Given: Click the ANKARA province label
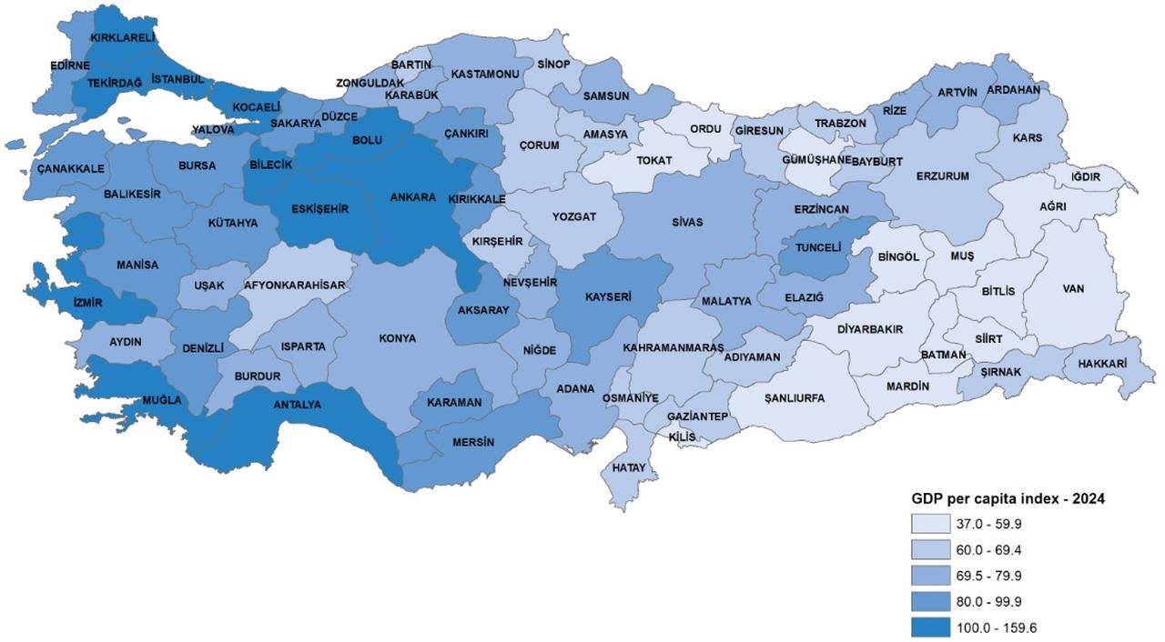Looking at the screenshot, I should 412,197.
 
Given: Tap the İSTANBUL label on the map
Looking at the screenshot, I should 177,79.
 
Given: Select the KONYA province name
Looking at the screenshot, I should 398,338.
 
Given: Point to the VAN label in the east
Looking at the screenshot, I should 1074,289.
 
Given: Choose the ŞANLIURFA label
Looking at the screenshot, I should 795,398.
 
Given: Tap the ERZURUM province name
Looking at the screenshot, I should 942,176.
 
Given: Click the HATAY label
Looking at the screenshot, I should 629,467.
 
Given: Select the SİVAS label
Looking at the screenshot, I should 687,222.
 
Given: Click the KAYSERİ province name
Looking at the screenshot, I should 608,296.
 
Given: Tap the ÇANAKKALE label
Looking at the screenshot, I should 71,168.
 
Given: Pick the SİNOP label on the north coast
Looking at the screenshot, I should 553,65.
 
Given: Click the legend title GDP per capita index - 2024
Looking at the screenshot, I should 1008,499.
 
